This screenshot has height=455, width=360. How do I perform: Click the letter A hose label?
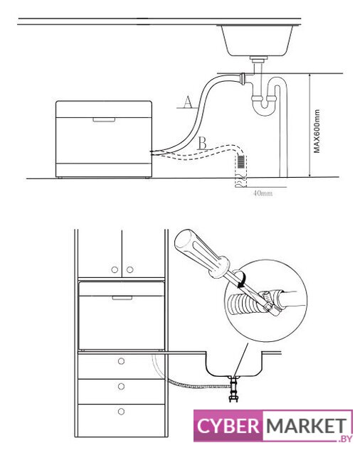tap(188, 102)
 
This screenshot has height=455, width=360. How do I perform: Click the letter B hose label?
tap(203, 143)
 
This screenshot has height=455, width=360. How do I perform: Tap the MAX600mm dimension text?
tap(317, 131)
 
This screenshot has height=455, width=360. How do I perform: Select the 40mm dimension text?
tap(263, 193)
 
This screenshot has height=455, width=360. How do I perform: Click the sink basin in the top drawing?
tap(256, 41)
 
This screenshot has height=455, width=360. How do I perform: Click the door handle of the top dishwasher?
tap(104, 119)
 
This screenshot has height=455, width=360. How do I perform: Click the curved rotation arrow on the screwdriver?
tap(242, 279)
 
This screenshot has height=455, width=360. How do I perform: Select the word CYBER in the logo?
tap(228, 426)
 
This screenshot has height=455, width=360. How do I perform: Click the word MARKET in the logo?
tap(307, 426)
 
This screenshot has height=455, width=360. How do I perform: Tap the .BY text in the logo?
tap(346, 439)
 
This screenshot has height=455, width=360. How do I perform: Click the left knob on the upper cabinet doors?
tap(115, 270)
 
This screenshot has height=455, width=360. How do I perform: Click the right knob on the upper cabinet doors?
tap(129, 270)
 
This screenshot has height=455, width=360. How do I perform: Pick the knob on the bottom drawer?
tap(122, 412)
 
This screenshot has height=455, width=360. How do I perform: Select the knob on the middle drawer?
tap(122, 386)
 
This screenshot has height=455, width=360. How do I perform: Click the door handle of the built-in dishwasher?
tap(122, 298)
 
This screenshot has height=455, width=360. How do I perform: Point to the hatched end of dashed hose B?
tap(241, 161)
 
